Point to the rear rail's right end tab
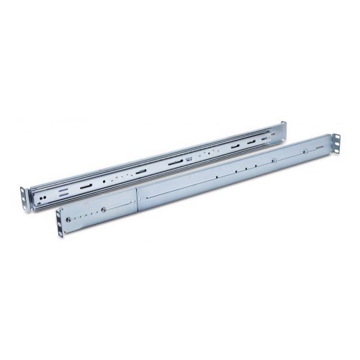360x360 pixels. (x=282, y=132)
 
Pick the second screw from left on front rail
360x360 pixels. (x=104, y=210)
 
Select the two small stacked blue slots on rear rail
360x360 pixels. (x=63, y=192)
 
